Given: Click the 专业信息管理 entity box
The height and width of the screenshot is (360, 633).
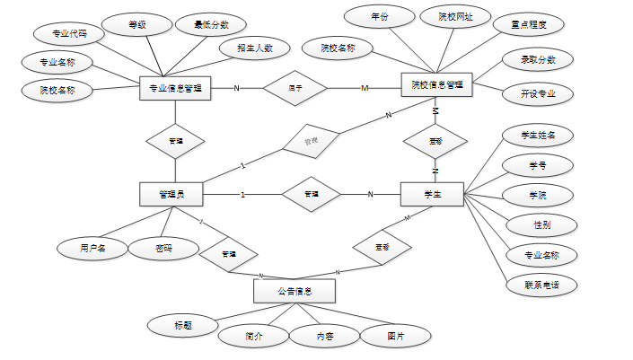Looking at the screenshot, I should coord(175,88).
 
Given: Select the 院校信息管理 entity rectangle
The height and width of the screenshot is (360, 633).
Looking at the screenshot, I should coord(436,85).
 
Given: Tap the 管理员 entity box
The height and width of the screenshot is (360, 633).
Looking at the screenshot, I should coord(171,194).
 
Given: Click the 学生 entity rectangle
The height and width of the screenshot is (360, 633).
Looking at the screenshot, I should coord(432,194).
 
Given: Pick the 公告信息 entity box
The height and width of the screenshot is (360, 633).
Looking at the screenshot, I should coord(294,291).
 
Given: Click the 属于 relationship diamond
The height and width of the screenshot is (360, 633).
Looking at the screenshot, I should coord(294,88).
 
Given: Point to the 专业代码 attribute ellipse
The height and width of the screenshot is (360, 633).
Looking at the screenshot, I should coord(68,34).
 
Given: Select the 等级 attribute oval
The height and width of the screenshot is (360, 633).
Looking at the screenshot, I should coord(136,26).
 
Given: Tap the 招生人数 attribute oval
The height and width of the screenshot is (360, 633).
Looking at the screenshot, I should coord(255,48).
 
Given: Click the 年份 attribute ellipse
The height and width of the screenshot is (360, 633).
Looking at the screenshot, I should coord(380,17).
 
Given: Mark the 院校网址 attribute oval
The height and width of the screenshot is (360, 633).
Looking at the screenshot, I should coord(455,17).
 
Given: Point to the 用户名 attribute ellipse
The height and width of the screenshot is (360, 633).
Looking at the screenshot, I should coord(92,247).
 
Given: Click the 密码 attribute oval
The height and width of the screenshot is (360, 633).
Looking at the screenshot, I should coord(163,247).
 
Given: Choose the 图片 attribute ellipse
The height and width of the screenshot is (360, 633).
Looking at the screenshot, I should coord(395,336).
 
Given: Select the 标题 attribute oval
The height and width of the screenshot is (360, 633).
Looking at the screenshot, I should coord(183,323).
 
